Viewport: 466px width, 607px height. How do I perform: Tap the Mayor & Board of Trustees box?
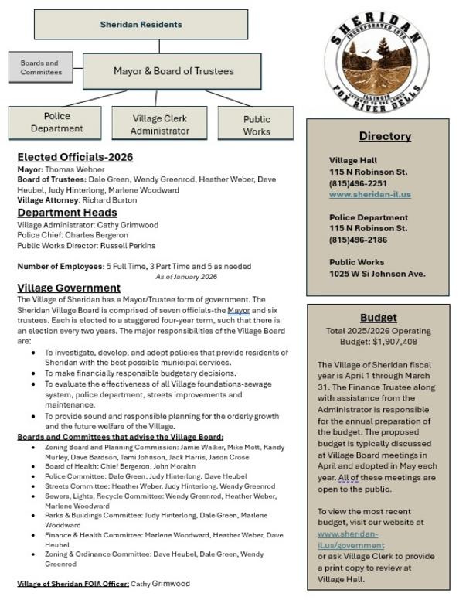(x=173, y=71)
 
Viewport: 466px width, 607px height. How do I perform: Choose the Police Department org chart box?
(x=56, y=123)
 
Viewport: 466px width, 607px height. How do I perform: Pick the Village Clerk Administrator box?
(x=160, y=124)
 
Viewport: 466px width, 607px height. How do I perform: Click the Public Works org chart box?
(x=257, y=125)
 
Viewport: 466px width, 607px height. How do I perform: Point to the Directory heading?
(x=384, y=136)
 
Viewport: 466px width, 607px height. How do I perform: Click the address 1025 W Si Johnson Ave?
(x=377, y=274)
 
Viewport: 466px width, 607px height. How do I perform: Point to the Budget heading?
(x=379, y=318)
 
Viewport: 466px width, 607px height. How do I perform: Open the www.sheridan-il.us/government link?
(x=350, y=539)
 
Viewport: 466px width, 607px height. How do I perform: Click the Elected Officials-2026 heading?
(x=75, y=157)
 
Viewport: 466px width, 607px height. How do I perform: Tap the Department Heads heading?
(x=67, y=213)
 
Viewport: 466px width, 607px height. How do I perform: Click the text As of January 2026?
(x=186, y=276)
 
